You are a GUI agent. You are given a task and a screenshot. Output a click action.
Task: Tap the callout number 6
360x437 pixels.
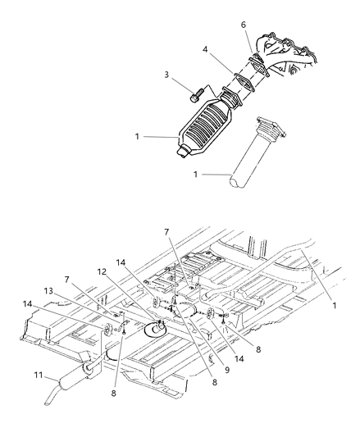[x=243, y=26]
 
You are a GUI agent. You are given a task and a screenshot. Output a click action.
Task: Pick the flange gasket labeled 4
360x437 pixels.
[x=239, y=83]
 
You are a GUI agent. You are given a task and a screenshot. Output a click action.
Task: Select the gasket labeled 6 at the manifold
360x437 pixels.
[x=257, y=59]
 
